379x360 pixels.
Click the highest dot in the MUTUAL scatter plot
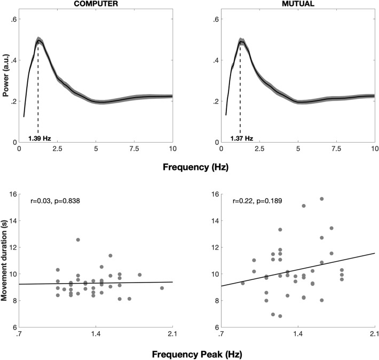pos(322,199)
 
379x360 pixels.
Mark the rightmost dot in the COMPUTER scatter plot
pos(162,288)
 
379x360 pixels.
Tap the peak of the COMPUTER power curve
pos(38,40)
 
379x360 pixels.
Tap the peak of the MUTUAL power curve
pos(240,41)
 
